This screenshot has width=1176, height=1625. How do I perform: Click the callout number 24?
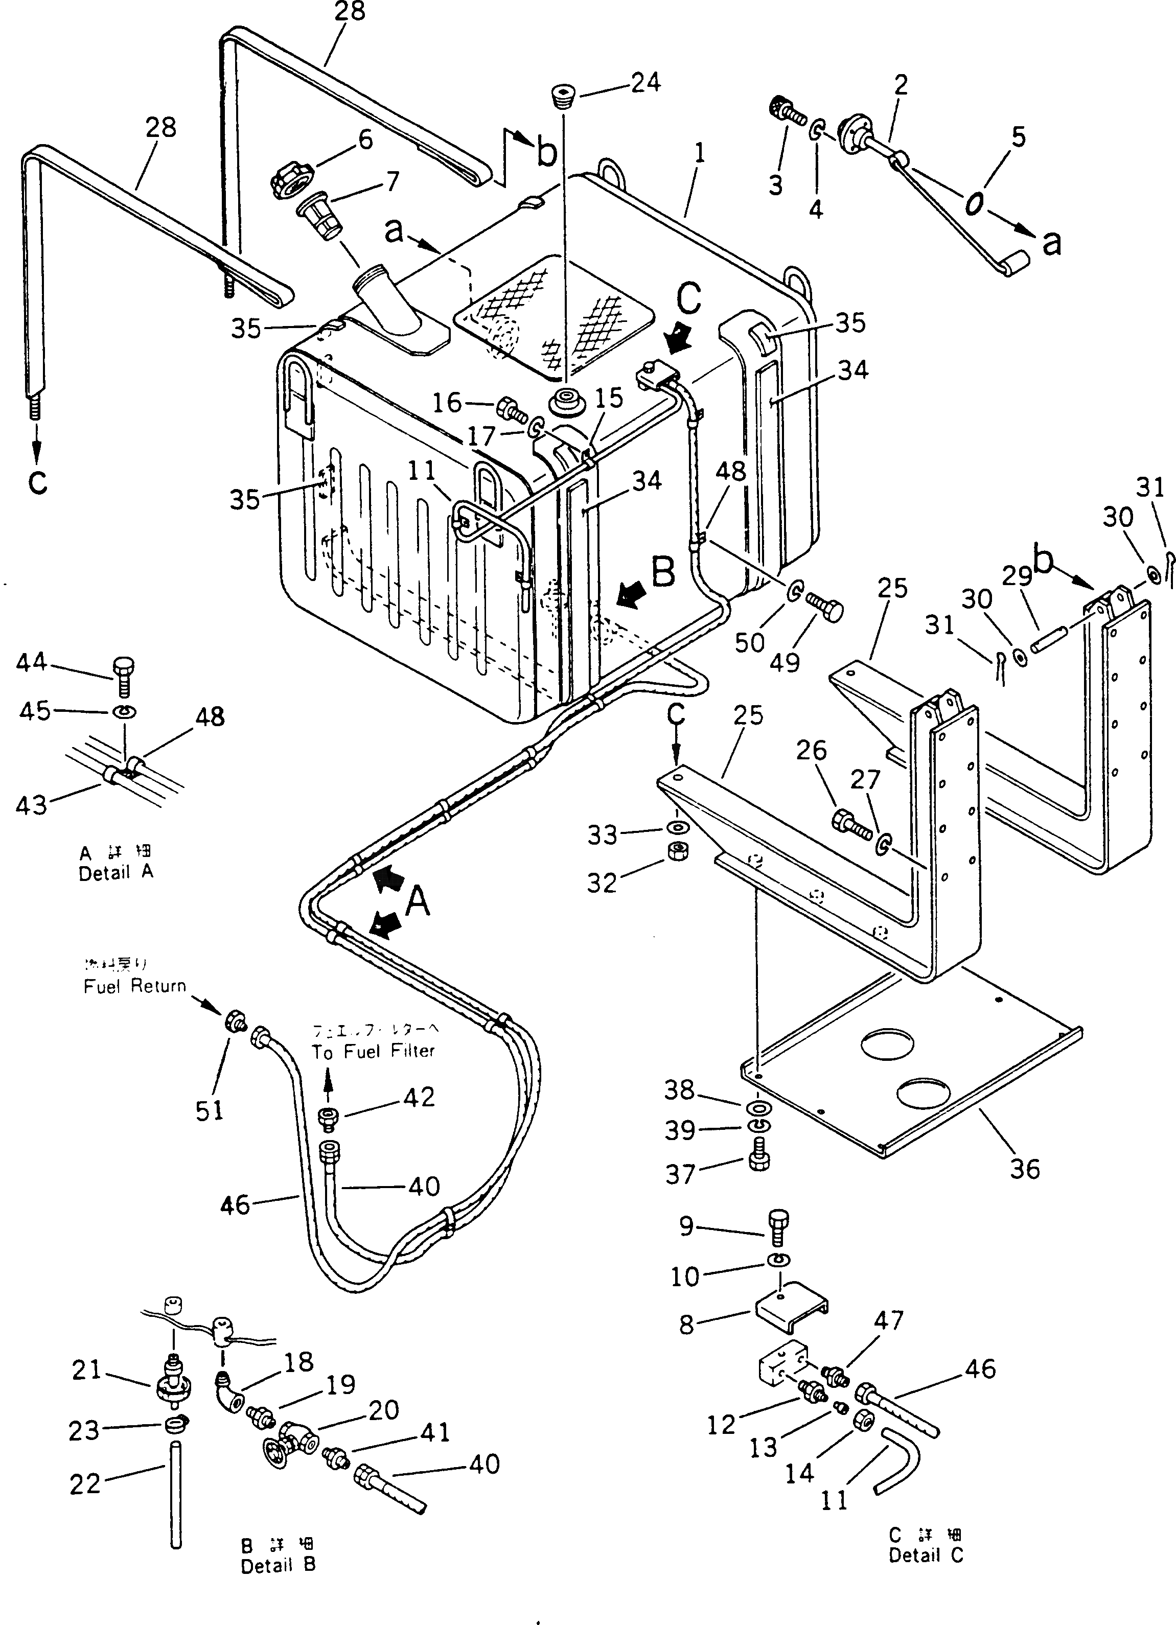pos(645,83)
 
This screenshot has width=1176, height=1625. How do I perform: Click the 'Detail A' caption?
pos(116,873)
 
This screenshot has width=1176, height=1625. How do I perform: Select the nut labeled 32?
pos(674,852)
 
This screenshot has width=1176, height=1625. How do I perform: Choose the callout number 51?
pos(209,1110)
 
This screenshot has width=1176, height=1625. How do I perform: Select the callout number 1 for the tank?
pos(700,153)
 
